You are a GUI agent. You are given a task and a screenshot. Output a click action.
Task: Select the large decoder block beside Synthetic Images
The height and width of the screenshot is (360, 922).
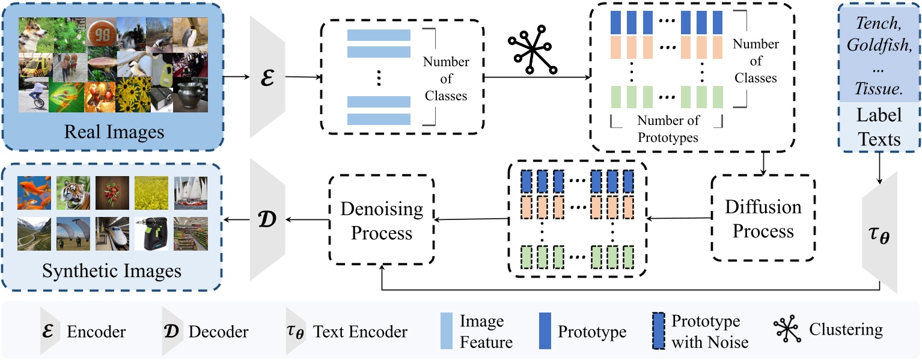point(267,220)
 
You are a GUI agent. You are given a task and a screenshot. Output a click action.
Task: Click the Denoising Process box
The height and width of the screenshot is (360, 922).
point(382,220)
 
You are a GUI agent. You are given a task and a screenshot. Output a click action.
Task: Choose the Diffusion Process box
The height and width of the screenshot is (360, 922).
point(763,219)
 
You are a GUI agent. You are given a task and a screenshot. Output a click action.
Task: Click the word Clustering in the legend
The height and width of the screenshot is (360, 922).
point(846,329)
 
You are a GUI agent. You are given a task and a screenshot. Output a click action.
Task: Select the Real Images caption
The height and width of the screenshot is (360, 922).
point(114,131)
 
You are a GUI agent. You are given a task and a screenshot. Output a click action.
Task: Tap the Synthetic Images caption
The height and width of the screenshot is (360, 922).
point(112,271)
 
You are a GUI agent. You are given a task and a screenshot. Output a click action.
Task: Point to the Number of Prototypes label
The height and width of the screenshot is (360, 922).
point(668,129)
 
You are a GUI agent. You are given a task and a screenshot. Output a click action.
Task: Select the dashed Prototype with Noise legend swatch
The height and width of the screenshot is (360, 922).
point(659,331)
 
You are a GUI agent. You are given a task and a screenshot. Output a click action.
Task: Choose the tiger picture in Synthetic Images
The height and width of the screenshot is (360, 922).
point(74,192)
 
